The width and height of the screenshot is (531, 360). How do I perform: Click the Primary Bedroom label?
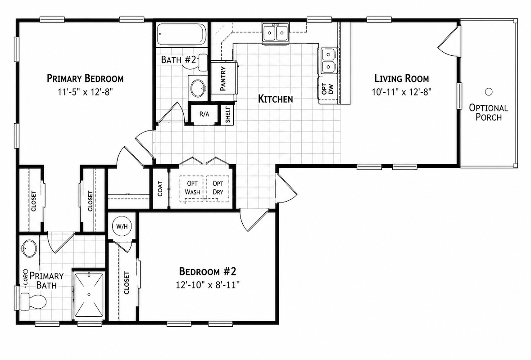click(x=85, y=78)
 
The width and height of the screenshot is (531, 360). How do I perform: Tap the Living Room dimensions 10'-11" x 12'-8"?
click(x=402, y=92)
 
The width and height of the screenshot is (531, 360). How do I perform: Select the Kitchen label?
click(x=275, y=99)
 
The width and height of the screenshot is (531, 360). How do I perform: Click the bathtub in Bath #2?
click(x=182, y=35)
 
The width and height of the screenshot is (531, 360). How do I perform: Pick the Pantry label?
click(x=223, y=79)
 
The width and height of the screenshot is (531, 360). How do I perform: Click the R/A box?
click(x=204, y=114)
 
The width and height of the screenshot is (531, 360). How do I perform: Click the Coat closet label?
click(x=160, y=189)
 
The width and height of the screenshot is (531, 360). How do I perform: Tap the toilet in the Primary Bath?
click(x=33, y=301)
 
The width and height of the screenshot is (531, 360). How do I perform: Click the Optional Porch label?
click(x=488, y=112)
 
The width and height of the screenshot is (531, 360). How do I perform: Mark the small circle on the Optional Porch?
click(x=488, y=92)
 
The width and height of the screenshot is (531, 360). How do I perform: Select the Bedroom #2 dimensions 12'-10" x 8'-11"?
click(x=208, y=285)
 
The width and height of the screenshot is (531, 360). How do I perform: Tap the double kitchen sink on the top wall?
click(x=275, y=33)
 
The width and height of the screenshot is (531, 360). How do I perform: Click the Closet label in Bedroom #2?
click(x=127, y=283)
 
